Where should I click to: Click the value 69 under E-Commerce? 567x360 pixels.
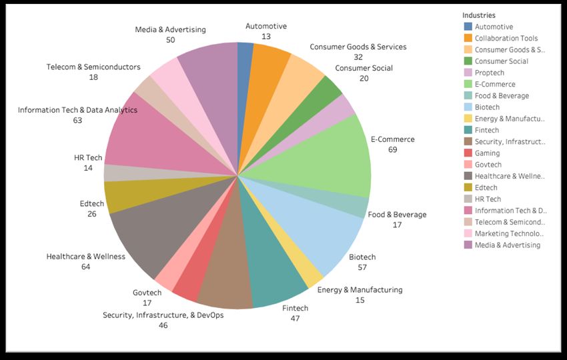coord(392,149)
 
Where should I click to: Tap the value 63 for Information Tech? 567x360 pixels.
coord(77,120)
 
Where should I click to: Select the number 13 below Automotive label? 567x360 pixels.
coord(266,37)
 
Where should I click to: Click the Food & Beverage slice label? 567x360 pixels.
coord(397,215)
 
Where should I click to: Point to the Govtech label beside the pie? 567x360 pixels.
coord(147,292)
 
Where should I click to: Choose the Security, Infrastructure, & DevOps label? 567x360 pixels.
coord(163,315)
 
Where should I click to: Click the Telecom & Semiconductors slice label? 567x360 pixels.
coord(93,67)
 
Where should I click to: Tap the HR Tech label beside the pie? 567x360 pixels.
coord(88,158)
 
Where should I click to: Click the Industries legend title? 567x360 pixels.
coord(479,15)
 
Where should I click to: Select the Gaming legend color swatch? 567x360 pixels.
coord(468,153)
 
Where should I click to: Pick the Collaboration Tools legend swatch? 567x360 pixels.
coord(468,38)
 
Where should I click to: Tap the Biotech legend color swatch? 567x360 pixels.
coord(468,107)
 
